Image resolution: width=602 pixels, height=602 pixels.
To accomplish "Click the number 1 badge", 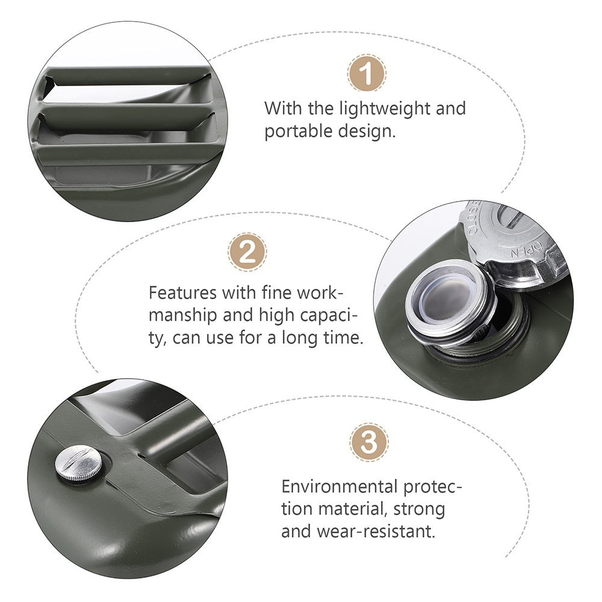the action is point(367,73).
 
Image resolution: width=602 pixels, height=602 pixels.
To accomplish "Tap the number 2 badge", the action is point(247,252).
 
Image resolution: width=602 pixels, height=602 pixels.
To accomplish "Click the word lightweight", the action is point(384,108).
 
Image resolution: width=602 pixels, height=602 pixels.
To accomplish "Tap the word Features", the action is point(183,293).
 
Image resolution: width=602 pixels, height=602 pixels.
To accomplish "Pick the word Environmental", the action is point(340,486).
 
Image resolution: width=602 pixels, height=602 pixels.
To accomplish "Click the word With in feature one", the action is point(283,108).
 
